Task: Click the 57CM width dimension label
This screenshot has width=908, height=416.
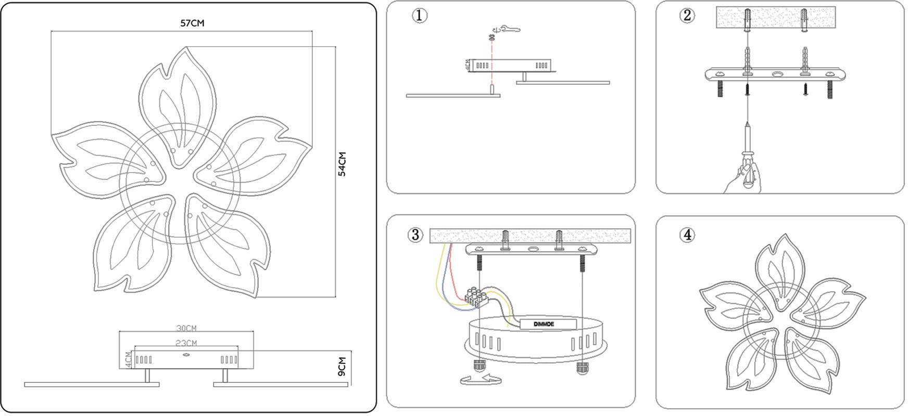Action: coord(192,23)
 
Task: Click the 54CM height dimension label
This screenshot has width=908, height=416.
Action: coord(342,164)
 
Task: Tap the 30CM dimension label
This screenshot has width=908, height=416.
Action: coord(186,329)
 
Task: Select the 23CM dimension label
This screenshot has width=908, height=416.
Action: coord(186,343)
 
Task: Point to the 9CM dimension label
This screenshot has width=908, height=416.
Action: coord(342,367)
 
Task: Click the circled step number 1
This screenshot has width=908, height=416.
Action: coord(420,16)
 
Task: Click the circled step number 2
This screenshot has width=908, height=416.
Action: coord(687,16)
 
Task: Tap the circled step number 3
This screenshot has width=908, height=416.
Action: coord(415,235)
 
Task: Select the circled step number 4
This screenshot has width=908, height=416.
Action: coord(687,235)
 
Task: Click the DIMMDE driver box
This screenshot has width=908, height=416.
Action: coord(548,324)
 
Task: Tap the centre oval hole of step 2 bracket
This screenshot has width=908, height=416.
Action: coord(777,75)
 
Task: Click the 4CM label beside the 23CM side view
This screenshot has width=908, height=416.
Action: coord(129,359)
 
